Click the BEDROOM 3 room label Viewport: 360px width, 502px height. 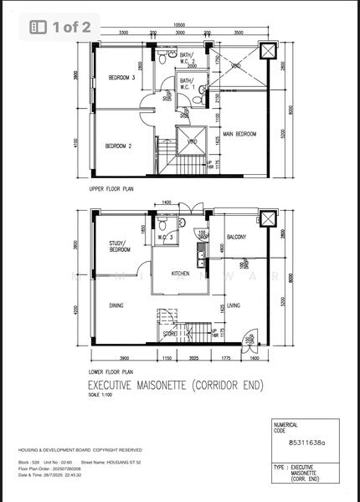tap(121, 78)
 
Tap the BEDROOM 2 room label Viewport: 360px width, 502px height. tap(119, 146)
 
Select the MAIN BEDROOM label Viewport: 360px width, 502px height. tap(239, 134)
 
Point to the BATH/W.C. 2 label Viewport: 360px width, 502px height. tap(187, 58)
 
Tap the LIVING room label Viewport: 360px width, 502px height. tap(234, 305)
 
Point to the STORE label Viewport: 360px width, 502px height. tap(171, 333)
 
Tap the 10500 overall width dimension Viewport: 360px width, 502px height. tap(180, 25)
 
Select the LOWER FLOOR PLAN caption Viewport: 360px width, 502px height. tap(111, 371)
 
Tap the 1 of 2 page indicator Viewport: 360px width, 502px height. tap(63, 27)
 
